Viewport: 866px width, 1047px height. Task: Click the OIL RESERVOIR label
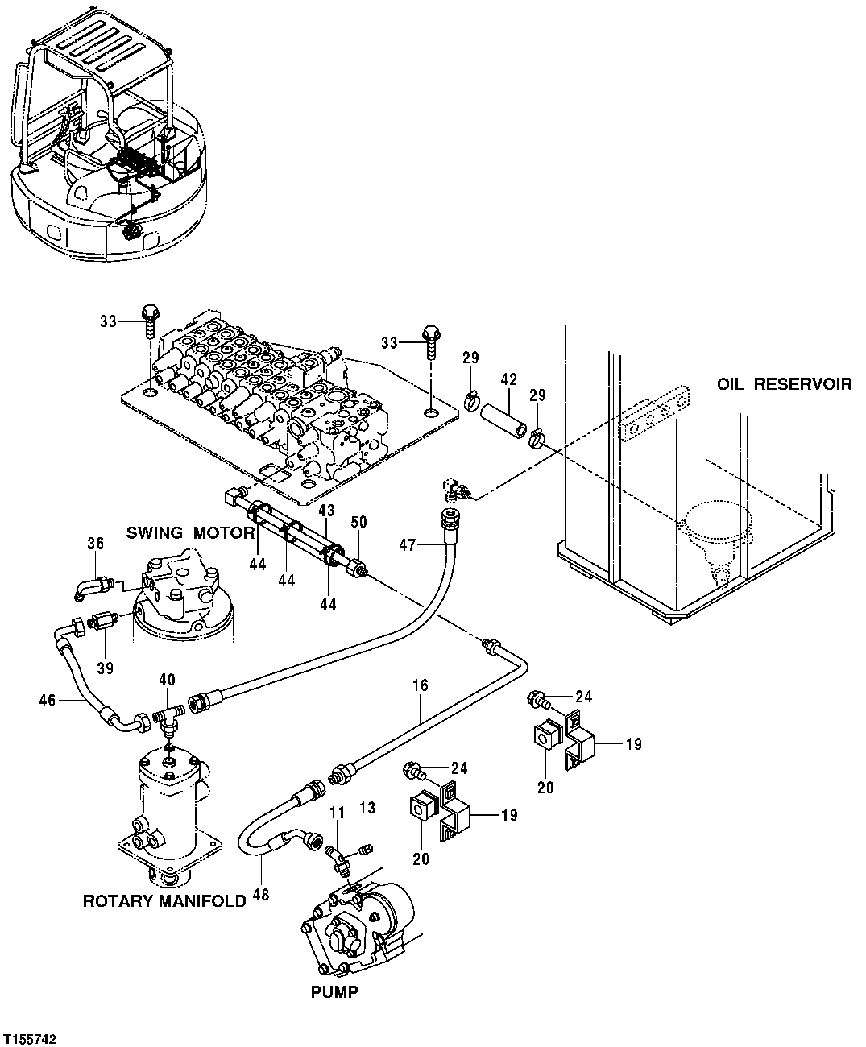pyautogui.click(x=784, y=384)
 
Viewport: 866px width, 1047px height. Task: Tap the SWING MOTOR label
pyautogui.click(x=190, y=532)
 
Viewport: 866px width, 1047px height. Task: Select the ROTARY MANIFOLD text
pyautogui.click(x=164, y=901)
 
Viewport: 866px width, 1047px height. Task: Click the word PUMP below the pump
pyautogui.click(x=334, y=992)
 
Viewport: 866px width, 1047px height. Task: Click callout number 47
pyautogui.click(x=407, y=545)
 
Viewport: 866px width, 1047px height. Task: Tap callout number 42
pyautogui.click(x=508, y=379)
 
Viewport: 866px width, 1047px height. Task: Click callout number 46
pyautogui.click(x=48, y=701)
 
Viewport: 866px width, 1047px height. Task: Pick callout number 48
pyautogui.click(x=260, y=895)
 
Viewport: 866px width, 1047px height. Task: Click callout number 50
pyautogui.click(x=358, y=523)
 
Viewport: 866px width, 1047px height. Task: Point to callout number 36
pyautogui.click(x=95, y=544)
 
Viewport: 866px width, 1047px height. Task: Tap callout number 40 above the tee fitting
pyautogui.click(x=166, y=681)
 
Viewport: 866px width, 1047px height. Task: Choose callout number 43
pyautogui.click(x=326, y=511)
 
